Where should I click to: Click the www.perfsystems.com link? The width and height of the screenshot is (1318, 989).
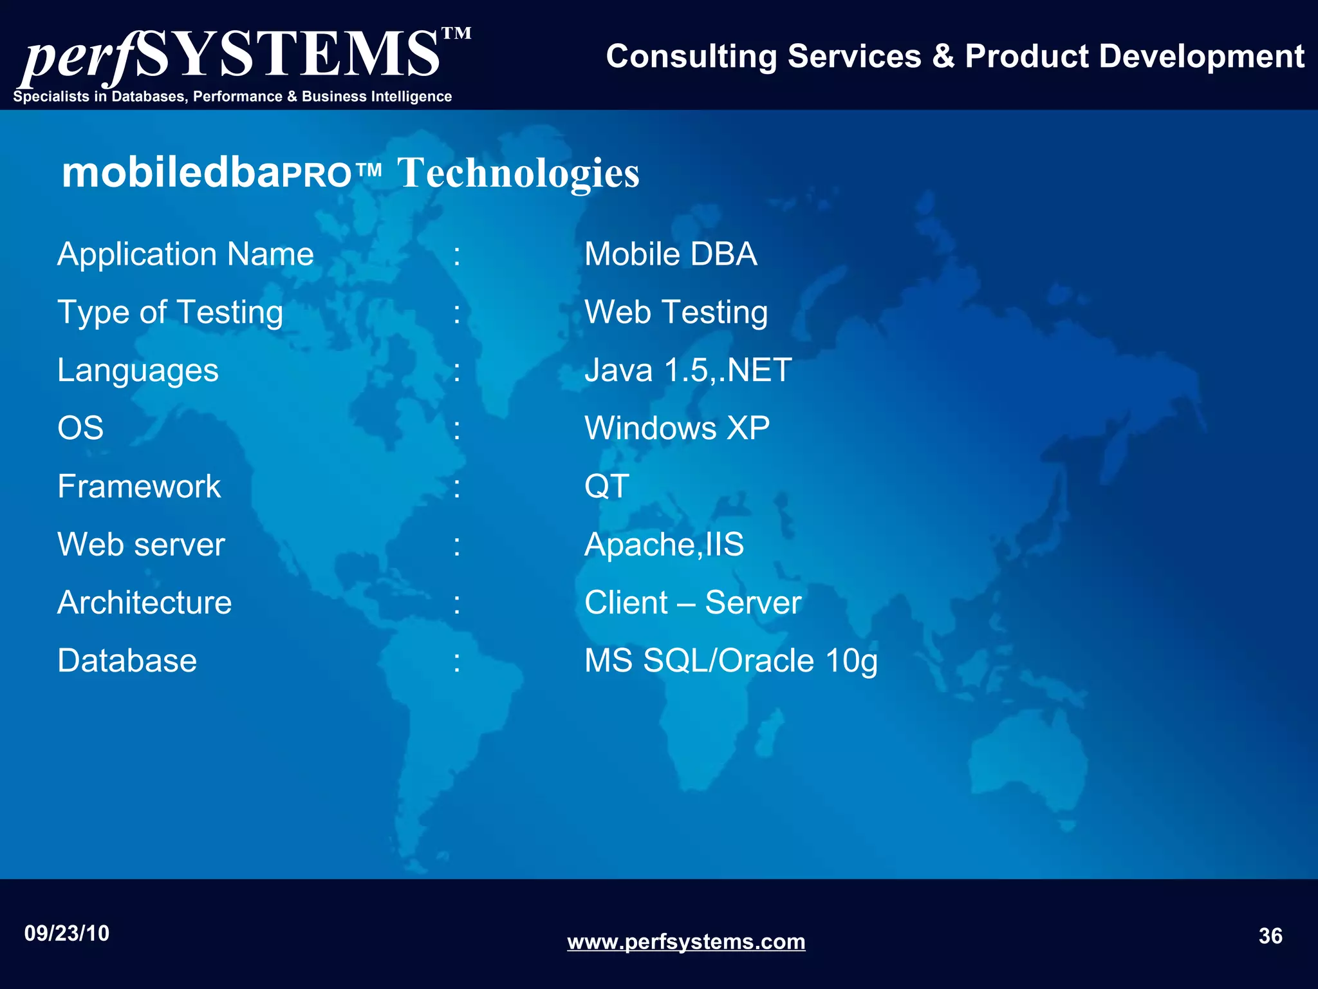click(686, 942)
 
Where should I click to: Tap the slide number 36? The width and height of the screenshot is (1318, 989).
click(1270, 936)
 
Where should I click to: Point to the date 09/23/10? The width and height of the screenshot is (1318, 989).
click(67, 933)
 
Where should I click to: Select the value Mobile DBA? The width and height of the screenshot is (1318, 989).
click(671, 254)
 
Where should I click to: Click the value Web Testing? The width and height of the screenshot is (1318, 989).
click(676, 313)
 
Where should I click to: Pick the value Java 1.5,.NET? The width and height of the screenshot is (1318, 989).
click(688, 371)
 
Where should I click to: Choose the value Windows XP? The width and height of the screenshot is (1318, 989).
click(677, 429)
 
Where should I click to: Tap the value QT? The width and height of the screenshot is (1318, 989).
click(607, 487)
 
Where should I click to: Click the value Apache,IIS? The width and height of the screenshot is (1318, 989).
click(664, 545)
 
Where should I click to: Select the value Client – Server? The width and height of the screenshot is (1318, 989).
click(692, 603)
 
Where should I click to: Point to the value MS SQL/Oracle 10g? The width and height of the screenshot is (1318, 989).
click(730, 661)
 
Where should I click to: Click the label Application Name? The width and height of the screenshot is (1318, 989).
click(185, 254)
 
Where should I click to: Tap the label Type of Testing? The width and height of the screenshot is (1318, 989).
click(170, 313)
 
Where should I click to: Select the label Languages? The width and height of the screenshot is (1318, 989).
click(138, 371)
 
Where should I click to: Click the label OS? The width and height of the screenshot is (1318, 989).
click(80, 429)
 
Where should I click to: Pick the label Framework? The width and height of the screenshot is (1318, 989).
click(139, 487)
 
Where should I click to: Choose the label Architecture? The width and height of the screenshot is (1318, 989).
click(144, 603)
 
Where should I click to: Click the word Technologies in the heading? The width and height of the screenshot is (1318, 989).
click(518, 173)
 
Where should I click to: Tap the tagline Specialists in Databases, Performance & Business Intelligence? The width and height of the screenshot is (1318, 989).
click(232, 97)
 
